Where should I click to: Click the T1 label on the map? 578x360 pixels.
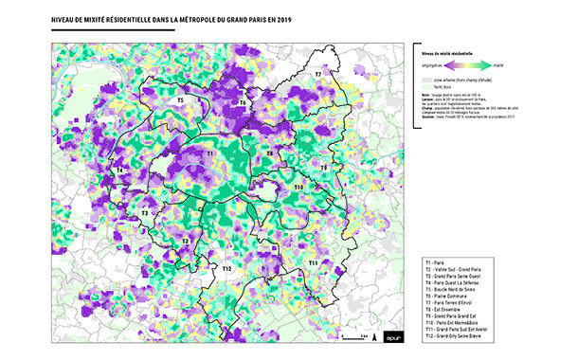[x=209, y=152]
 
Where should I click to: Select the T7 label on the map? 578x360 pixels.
[x=318, y=74]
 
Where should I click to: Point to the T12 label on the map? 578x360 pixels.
[x=226, y=270]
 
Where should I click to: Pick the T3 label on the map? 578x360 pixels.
[x=145, y=213]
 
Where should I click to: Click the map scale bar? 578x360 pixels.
[x=355, y=336]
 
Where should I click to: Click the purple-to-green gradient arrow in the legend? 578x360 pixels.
[x=461, y=66]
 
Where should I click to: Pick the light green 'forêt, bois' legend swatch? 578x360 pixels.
[x=425, y=87]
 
